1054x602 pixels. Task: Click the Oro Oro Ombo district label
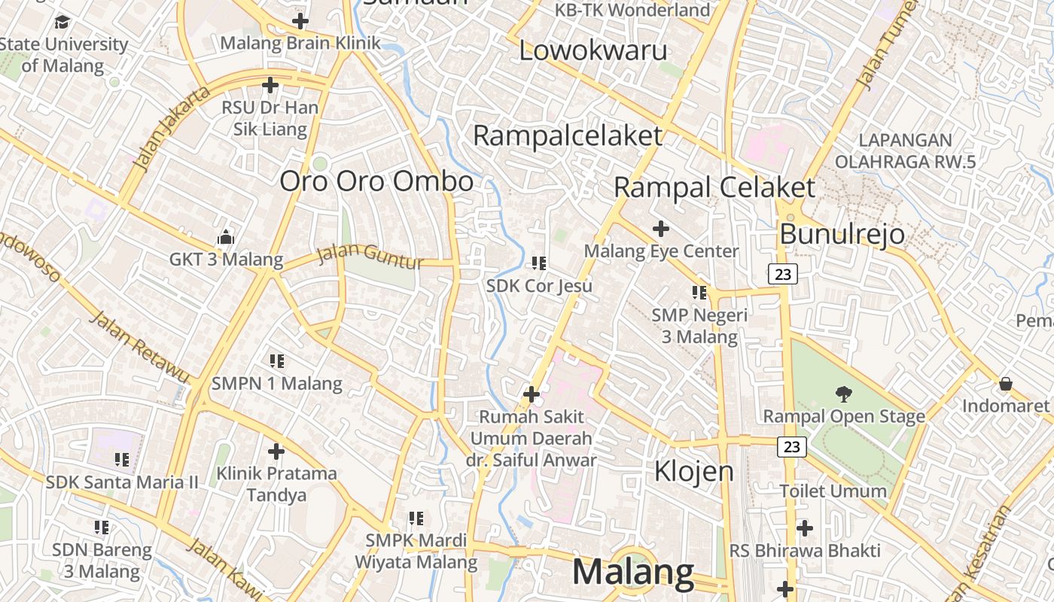coord(376,181)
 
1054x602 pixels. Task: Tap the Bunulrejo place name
coord(842,234)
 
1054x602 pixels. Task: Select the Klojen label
coord(693,471)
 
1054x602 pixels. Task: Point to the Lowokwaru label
coord(593,50)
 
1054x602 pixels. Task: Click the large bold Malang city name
coord(633,572)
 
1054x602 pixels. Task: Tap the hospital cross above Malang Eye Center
coord(661,228)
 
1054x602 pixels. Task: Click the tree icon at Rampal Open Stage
coord(842,393)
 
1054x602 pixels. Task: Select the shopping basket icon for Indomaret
coord(1005,384)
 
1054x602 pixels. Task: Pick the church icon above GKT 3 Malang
coord(225,238)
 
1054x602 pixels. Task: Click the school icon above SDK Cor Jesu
coord(538,263)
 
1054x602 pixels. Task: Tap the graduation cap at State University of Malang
coord(62,22)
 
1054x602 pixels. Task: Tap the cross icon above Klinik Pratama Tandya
coord(276,451)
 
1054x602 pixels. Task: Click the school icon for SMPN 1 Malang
coord(276,361)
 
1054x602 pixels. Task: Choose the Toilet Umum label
coord(833,491)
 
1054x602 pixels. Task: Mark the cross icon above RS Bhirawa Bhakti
coord(804,528)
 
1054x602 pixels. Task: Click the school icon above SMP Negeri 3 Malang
coord(699,292)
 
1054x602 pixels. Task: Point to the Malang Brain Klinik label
coord(300,43)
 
